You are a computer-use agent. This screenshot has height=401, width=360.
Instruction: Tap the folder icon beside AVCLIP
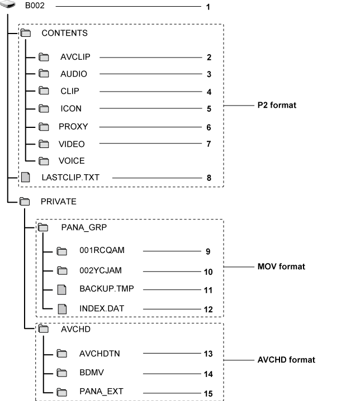44,57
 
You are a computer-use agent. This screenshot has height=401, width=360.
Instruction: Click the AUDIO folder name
74,74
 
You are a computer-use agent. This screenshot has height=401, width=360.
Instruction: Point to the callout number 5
208,109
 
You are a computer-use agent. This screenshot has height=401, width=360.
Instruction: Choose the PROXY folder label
73,127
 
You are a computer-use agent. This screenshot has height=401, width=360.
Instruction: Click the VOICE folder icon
44,161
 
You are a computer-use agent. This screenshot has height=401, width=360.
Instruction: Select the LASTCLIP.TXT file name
68,178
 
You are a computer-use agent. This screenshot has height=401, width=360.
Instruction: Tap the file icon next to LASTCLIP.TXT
25,178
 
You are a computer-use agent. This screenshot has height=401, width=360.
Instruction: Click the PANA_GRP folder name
84,227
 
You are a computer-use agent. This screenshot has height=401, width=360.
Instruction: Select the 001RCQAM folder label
102,251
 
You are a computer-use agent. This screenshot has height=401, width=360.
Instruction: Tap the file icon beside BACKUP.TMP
63,289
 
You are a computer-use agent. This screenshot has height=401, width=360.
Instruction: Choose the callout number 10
208,271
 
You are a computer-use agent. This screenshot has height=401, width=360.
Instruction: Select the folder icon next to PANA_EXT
62,393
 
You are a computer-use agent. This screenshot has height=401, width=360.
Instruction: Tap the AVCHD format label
286,360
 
